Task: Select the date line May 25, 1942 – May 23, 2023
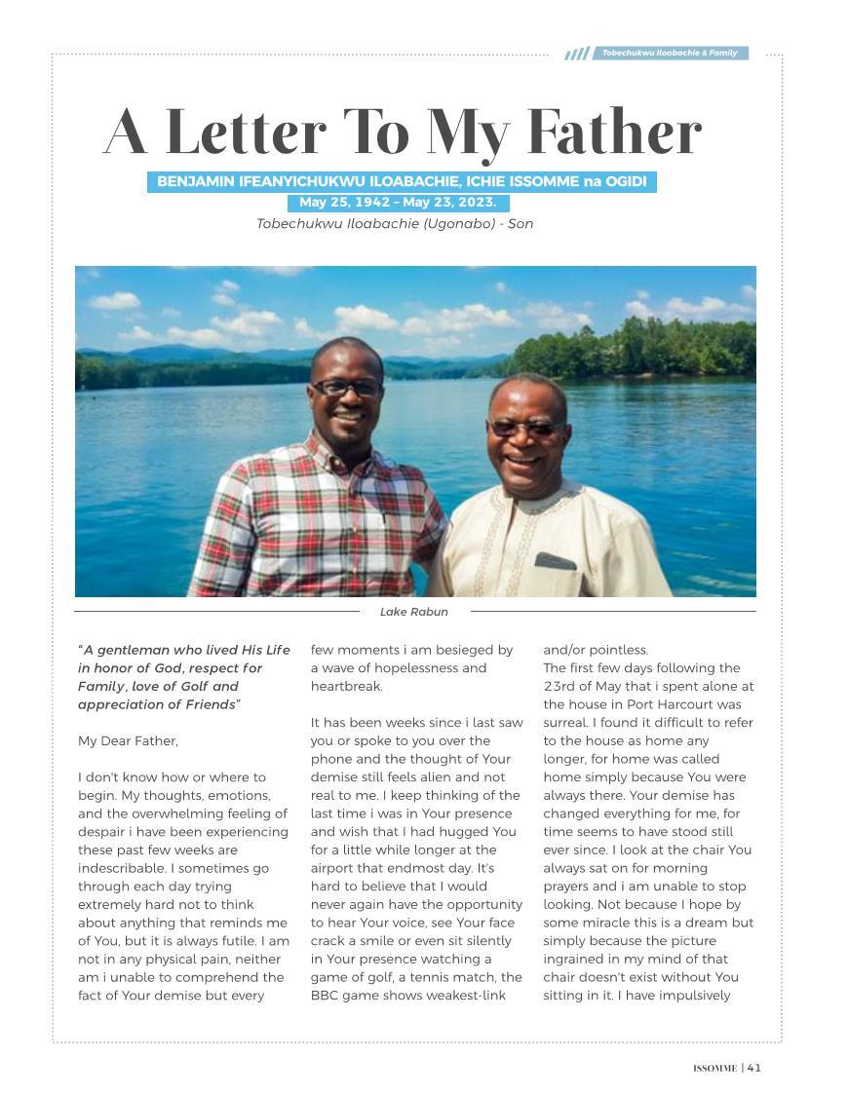tap(398, 203)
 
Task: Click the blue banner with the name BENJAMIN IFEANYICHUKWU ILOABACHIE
tap(402, 181)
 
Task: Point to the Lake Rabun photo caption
tap(414, 612)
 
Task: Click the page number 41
tap(754, 1068)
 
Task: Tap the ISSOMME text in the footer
tap(714, 1069)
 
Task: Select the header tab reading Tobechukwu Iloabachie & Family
tap(670, 53)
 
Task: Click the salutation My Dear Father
tap(128, 741)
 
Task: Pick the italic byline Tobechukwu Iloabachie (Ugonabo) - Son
tap(395, 224)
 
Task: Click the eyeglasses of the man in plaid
tap(346, 387)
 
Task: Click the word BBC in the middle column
tap(325, 996)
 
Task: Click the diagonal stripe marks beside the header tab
tap(577, 54)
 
